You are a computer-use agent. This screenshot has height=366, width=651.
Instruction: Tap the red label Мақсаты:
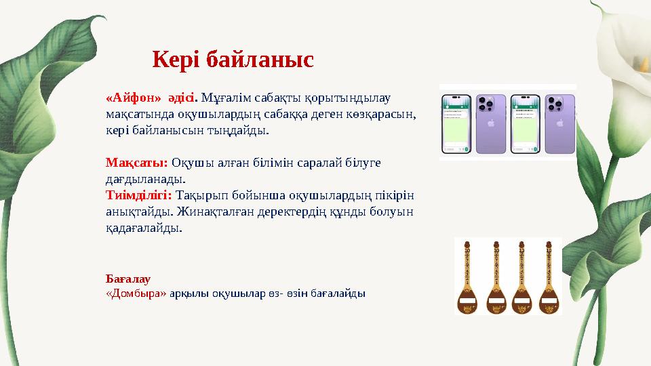137,163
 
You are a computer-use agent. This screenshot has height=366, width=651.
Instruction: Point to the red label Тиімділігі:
139,195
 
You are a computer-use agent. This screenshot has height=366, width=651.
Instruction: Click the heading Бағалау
128,279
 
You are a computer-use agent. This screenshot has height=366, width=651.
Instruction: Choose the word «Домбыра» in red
136,293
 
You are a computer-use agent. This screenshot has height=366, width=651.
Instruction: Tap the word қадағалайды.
143,228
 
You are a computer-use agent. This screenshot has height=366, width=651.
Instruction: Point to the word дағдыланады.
144,179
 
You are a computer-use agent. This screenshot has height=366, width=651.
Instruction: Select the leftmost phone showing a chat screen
456,123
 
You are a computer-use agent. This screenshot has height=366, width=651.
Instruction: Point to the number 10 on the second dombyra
495,251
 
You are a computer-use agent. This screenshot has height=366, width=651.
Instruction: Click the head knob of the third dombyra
522,242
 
